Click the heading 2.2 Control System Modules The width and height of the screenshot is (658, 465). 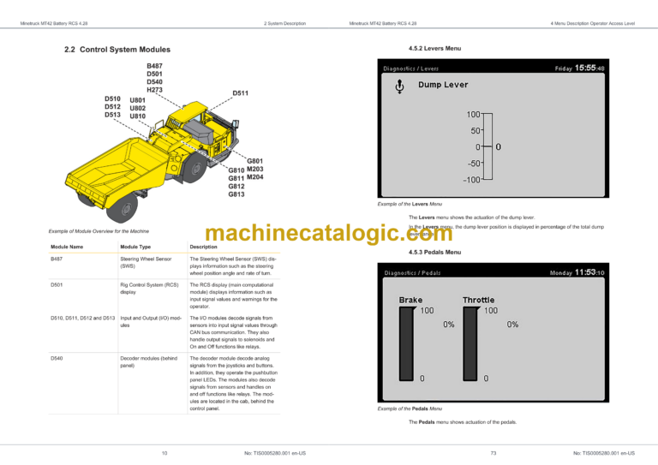pos(117,50)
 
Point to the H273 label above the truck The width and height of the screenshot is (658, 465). pos(155,90)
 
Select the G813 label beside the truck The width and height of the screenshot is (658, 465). pos(236,194)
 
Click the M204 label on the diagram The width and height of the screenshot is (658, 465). pos(254,177)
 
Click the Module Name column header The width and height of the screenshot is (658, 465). pos(67,247)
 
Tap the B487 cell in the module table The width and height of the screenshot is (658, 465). pos(57,258)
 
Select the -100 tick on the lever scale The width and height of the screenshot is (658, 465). pos(470,180)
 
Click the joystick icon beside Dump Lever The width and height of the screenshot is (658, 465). pos(399,86)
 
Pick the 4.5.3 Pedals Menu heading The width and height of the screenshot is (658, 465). pos(435,252)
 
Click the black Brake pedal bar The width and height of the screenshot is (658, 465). pos(407,343)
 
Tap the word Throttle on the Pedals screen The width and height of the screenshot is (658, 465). pos(478,300)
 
